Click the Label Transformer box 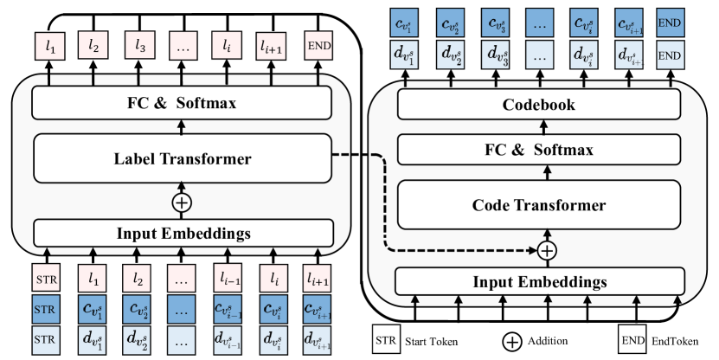[182, 158]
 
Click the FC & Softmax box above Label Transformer [182, 104]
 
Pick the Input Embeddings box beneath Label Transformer [182, 232]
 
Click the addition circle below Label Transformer [182, 202]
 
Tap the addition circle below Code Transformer [546, 251]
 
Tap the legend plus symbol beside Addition [513, 341]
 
